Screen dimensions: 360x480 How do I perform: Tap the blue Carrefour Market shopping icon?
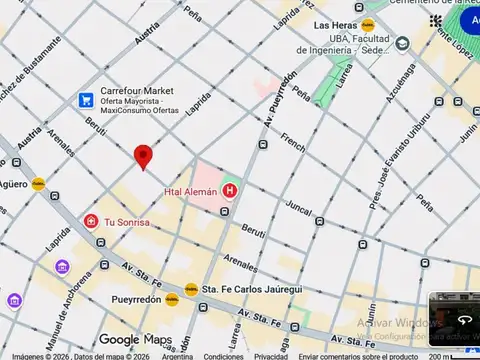pyautogui.click(x=87, y=100)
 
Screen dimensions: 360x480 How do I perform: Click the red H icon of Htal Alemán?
pyautogui.click(x=231, y=190)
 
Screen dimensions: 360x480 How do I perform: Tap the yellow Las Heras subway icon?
pyautogui.click(x=368, y=24)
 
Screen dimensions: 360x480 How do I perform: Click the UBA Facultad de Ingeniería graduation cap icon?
pyautogui.click(x=402, y=44)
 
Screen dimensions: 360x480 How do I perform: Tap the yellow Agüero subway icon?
pyautogui.click(x=38, y=184)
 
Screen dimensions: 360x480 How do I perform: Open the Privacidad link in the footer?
pyautogui.click(x=270, y=356)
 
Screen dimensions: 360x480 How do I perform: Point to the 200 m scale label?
pyautogui.click(x=438, y=356)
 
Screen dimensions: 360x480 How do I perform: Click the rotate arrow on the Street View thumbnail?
pyautogui.click(x=464, y=320)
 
